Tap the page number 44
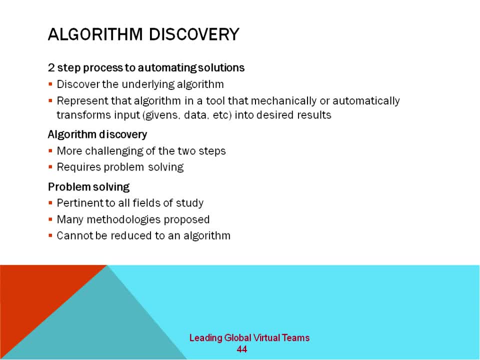point(242,349)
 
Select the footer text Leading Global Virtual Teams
point(249,338)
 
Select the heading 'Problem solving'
point(88,187)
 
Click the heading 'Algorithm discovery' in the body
point(97,134)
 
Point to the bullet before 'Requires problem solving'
point(51,167)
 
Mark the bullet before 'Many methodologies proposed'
point(51,219)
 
